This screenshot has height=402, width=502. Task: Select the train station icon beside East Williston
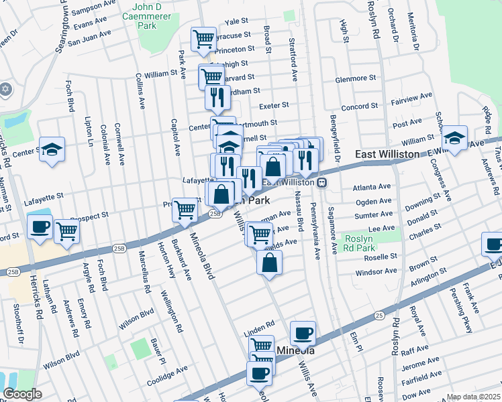click(x=322, y=182)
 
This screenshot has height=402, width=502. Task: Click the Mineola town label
click(x=296, y=350)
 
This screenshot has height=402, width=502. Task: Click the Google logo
click(x=22, y=394)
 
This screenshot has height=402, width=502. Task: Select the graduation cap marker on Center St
click(x=52, y=150)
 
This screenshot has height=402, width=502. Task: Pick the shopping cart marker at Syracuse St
click(x=203, y=38)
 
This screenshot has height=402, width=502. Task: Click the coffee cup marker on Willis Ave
click(x=303, y=332)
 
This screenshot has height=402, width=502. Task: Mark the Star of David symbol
click(x=5, y=89)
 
